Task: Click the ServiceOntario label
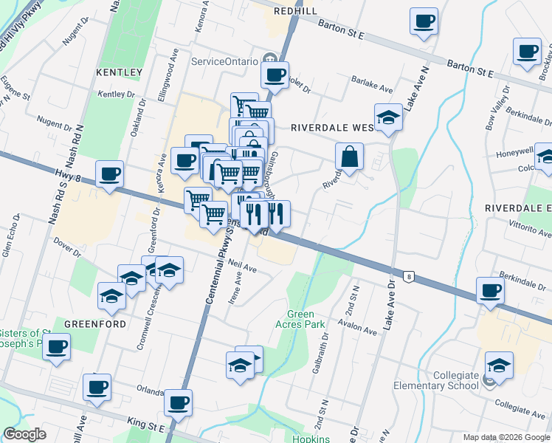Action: click(x=224, y=61)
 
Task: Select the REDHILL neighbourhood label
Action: click(x=295, y=11)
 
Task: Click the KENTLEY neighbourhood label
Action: click(x=119, y=72)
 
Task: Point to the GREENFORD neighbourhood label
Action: click(x=87, y=323)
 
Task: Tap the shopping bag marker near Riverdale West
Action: click(x=350, y=157)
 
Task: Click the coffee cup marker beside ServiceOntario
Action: click(x=275, y=74)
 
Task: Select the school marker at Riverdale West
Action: click(x=387, y=117)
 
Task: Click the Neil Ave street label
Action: click(x=242, y=265)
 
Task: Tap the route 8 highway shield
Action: click(x=408, y=277)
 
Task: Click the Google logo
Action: click(x=24, y=434)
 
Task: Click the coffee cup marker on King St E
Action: click(x=178, y=402)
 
